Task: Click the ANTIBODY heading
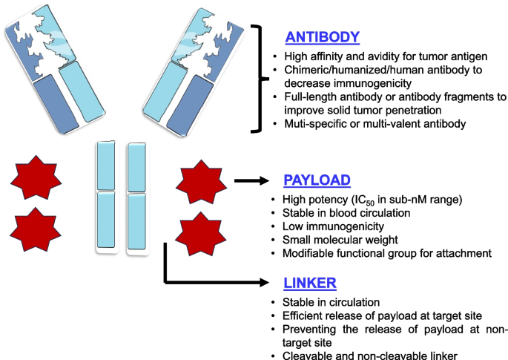(323, 37)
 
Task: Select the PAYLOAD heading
(317, 180)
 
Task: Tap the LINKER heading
(309, 283)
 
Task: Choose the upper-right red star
(198, 181)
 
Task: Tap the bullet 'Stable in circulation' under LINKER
(334, 303)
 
